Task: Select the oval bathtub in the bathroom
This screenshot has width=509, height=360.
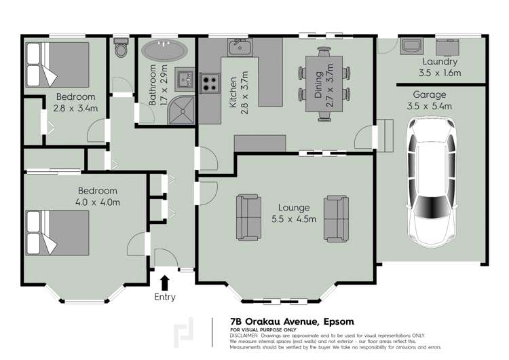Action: click(x=165, y=51)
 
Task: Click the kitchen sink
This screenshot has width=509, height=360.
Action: click(x=240, y=47)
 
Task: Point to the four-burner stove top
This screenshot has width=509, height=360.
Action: click(x=210, y=84)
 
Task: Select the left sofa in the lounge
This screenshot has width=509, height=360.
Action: click(x=248, y=218)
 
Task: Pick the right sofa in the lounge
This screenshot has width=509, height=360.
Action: click(x=335, y=218)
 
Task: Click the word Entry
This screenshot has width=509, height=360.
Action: click(x=164, y=297)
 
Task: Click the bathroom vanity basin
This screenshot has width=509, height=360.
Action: click(x=185, y=79)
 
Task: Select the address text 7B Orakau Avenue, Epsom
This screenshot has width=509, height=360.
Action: click(x=292, y=321)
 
